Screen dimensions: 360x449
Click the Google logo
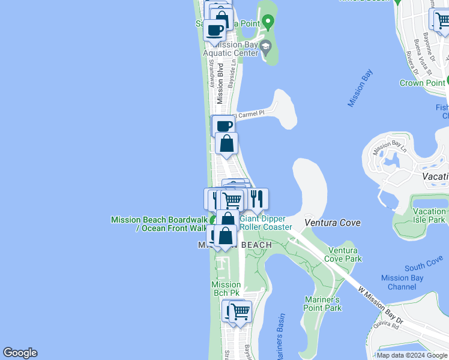[x=20, y=353]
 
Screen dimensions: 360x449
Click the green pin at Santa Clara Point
[x=268, y=23]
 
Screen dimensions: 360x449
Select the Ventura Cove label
[x=332, y=223]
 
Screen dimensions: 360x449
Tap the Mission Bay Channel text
[x=402, y=282]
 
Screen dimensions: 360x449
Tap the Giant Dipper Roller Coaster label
[x=266, y=223]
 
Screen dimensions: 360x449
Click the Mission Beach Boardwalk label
[x=158, y=224]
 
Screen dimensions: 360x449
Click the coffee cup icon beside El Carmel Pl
[x=223, y=126]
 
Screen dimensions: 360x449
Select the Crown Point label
[x=421, y=83]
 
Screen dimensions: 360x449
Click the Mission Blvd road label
[x=220, y=83]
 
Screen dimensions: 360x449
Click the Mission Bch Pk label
[x=226, y=289]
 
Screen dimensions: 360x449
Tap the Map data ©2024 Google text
[x=411, y=355]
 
